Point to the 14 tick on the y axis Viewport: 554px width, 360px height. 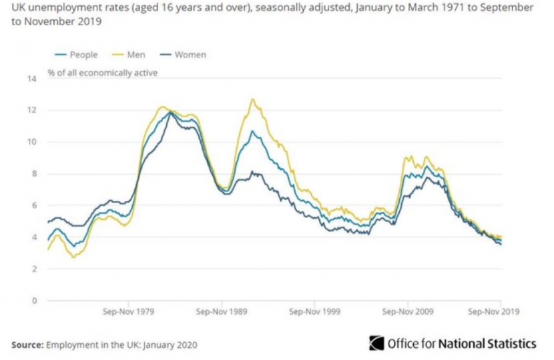point(31,79)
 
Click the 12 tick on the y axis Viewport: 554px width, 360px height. point(31,110)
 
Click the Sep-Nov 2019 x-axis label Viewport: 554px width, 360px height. point(493,311)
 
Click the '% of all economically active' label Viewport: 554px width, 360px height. point(102,72)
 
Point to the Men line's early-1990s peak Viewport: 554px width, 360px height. point(252,99)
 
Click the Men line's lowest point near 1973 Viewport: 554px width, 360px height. point(73,257)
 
